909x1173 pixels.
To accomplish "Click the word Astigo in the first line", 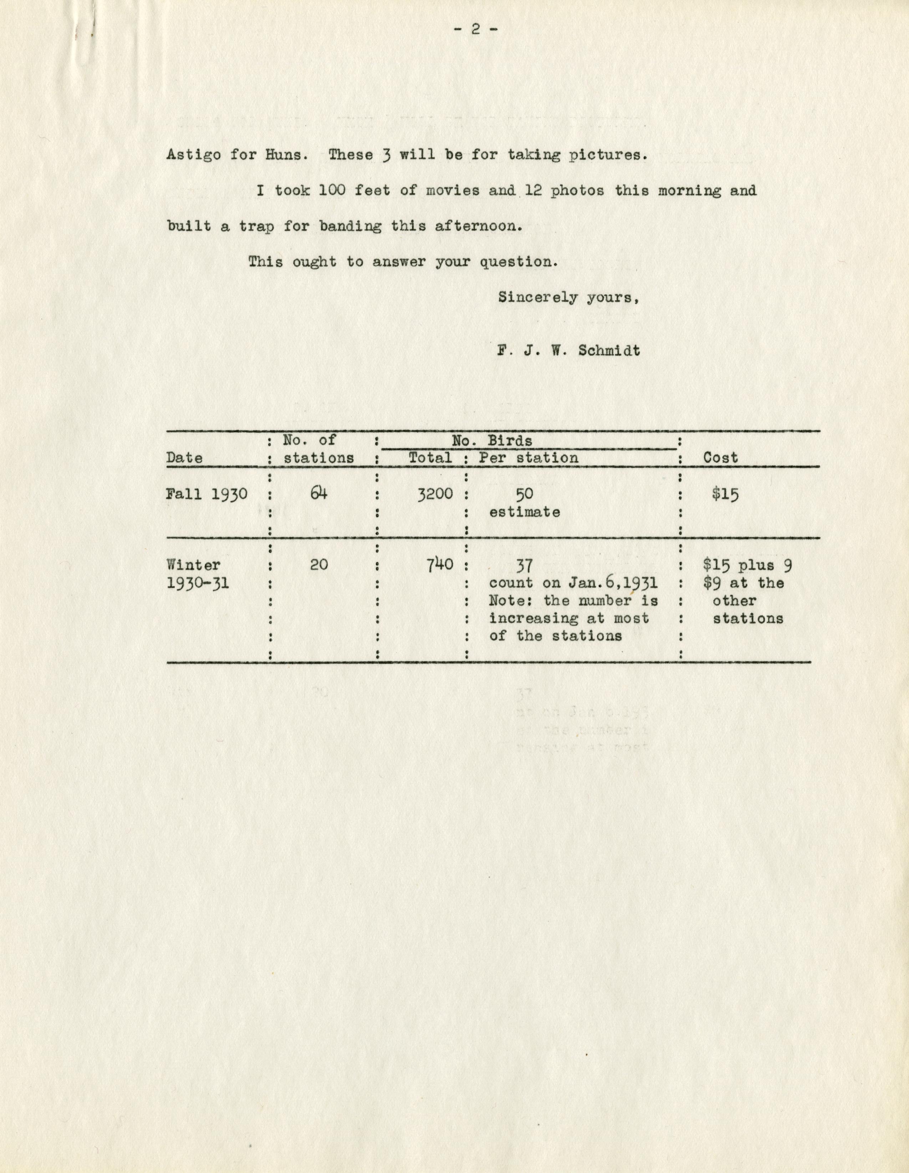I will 193,155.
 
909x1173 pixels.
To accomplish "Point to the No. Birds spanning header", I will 492,441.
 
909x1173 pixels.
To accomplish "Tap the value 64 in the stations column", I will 318,493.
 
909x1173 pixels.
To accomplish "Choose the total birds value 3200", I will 435,494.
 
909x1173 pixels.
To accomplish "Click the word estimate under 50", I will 524,512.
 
